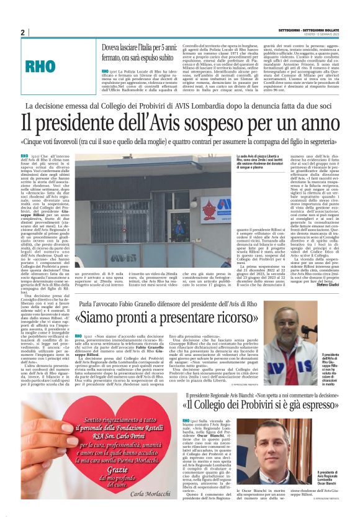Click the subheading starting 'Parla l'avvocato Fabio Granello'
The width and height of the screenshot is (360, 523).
[x=168, y=304]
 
